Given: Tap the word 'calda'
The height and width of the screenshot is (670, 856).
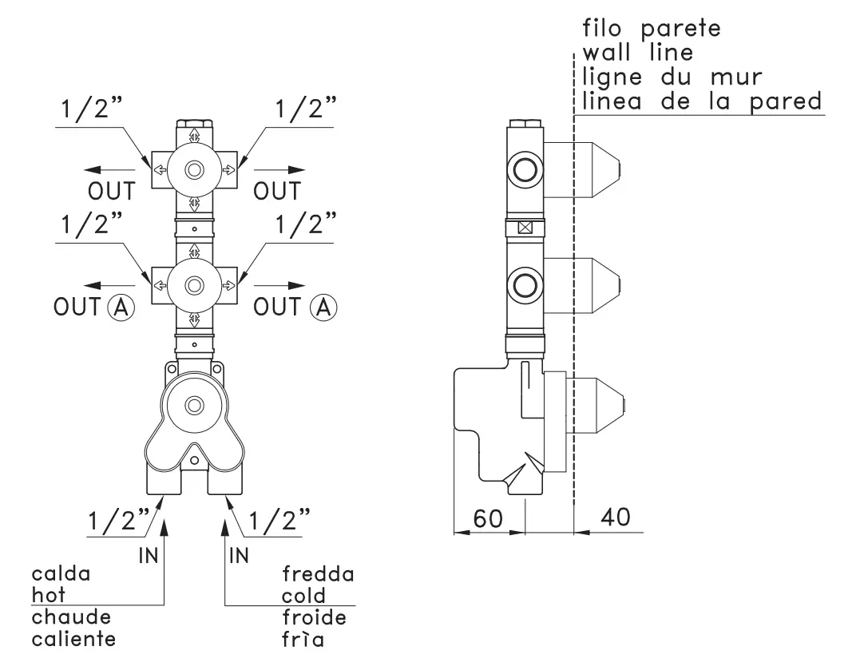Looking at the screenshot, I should (61, 573).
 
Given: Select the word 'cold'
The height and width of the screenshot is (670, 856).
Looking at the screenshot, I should (303, 596).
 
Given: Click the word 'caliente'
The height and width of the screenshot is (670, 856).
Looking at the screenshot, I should (73, 639).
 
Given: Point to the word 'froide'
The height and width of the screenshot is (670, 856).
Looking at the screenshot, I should (314, 617).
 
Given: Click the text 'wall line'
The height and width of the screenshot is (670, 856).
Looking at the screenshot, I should (637, 54).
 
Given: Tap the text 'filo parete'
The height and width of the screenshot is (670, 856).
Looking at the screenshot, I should (652, 30).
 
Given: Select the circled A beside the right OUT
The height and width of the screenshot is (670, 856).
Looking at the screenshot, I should (323, 307).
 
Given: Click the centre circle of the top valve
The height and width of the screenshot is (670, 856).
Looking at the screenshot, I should (193, 169).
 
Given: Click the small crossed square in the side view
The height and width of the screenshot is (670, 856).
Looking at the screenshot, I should (525, 227).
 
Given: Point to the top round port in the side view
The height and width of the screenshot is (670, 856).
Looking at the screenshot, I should (525, 169).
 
